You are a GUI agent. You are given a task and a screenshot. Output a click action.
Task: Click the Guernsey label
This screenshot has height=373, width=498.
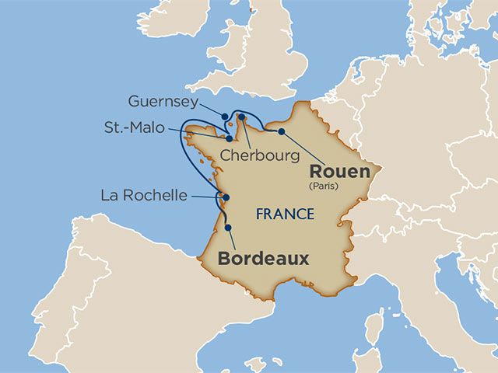[x=162, y=102]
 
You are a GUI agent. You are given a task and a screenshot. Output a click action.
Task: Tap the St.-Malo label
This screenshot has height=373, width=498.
[x=135, y=127]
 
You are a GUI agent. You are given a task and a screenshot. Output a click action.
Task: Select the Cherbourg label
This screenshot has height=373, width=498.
[x=259, y=155]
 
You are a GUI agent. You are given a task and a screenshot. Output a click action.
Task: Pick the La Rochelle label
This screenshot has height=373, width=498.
[x=144, y=195]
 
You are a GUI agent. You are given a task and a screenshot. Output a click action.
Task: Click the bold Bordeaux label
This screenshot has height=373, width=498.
[x=263, y=259]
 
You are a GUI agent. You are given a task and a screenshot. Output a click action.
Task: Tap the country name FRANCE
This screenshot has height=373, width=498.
[x=285, y=214]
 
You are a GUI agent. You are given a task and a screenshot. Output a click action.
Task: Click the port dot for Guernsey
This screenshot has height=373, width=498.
[x=225, y=117]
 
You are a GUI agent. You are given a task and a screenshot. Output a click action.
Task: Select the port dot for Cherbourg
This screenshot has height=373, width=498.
[x=242, y=117]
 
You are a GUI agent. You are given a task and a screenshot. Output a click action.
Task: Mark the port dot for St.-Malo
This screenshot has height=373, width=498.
[x=229, y=138]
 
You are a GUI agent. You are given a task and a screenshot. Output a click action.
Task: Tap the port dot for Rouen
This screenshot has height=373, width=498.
[x=281, y=131]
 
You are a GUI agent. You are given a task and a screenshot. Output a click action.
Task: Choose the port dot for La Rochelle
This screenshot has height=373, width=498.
[x=226, y=197]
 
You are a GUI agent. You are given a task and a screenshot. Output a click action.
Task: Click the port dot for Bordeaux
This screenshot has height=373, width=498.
[x=229, y=227]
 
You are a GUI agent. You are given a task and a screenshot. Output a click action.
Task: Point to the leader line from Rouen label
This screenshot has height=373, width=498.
[x=303, y=147]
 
